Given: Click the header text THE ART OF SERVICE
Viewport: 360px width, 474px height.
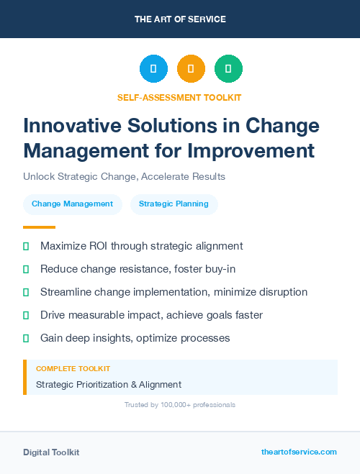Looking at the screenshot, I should click(x=180, y=19).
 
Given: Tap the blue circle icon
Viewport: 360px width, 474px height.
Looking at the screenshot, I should click(x=153, y=69).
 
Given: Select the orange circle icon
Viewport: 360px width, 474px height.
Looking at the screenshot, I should click(x=191, y=69).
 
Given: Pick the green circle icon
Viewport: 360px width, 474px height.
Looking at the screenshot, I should click(x=228, y=69).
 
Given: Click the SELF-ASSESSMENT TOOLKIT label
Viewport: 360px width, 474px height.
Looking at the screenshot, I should click(x=179, y=97).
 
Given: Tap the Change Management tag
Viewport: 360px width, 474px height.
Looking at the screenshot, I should click(x=72, y=204).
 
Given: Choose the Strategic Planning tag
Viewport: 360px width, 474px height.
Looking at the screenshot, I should click(x=174, y=204).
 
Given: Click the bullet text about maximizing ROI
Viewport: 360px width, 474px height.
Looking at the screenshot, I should click(x=141, y=246).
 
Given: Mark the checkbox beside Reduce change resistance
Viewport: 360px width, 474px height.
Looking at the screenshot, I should click(x=26, y=269).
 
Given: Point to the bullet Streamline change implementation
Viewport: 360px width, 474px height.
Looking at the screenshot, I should click(x=174, y=292).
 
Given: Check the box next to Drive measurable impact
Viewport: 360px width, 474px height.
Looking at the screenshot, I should click(x=26, y=315).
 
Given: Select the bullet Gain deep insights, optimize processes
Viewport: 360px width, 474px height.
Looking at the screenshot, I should click(x=135, y=337).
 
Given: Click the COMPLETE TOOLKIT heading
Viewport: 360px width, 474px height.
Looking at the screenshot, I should click(x=73, y=368).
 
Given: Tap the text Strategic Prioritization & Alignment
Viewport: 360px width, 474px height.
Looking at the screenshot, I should click(x=108, y=384).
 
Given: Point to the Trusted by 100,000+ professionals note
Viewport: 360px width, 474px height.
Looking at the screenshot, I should click(x=179, y=405).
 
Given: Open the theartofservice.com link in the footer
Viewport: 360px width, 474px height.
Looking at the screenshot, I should click(x=299, y=452).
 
